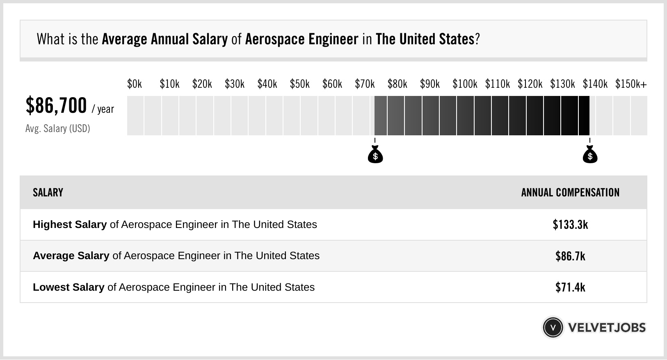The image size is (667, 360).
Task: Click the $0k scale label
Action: coord(135,84)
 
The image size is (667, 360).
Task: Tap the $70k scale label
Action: coord(365,84)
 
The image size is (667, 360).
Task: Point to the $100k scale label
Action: coord(465,84)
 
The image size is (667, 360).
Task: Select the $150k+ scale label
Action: coord(631,84)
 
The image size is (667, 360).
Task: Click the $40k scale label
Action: coord(267,84)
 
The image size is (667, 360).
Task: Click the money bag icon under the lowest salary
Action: coord(375,155)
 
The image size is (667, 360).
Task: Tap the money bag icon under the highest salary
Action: coord(590,155)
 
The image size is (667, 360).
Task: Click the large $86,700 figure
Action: coord(56,105)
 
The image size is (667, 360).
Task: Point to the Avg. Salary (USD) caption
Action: coord(58,129)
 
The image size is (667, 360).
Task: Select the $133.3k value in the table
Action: coord(570,225)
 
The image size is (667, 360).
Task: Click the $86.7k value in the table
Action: coord(570,256)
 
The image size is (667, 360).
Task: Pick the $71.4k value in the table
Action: coord(570,287)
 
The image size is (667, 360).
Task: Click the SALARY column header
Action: coord(48,193)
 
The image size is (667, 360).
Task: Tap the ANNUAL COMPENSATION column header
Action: coord(570,193)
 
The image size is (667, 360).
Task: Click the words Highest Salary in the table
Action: coord(70,225)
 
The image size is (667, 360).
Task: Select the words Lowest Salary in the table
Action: coord(69,287)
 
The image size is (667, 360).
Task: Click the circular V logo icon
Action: coord(553,328)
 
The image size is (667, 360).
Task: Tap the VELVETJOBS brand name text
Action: coord(607,328)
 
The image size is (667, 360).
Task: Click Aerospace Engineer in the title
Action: coord(302,39)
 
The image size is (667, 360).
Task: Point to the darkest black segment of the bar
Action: coord(584,116)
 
